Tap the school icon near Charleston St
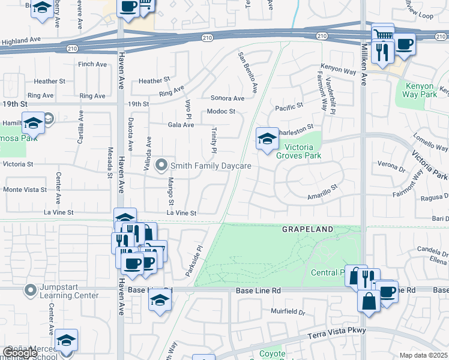[267, 139]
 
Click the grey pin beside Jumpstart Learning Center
[31, 291]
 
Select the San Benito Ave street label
[247, 73]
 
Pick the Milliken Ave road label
[364, 66]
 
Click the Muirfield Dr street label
[288, 312]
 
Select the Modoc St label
[221, 112]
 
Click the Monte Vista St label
[25, 190]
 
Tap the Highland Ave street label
[21, 41]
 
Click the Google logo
[20, 353]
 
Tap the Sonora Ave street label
[227, 98]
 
